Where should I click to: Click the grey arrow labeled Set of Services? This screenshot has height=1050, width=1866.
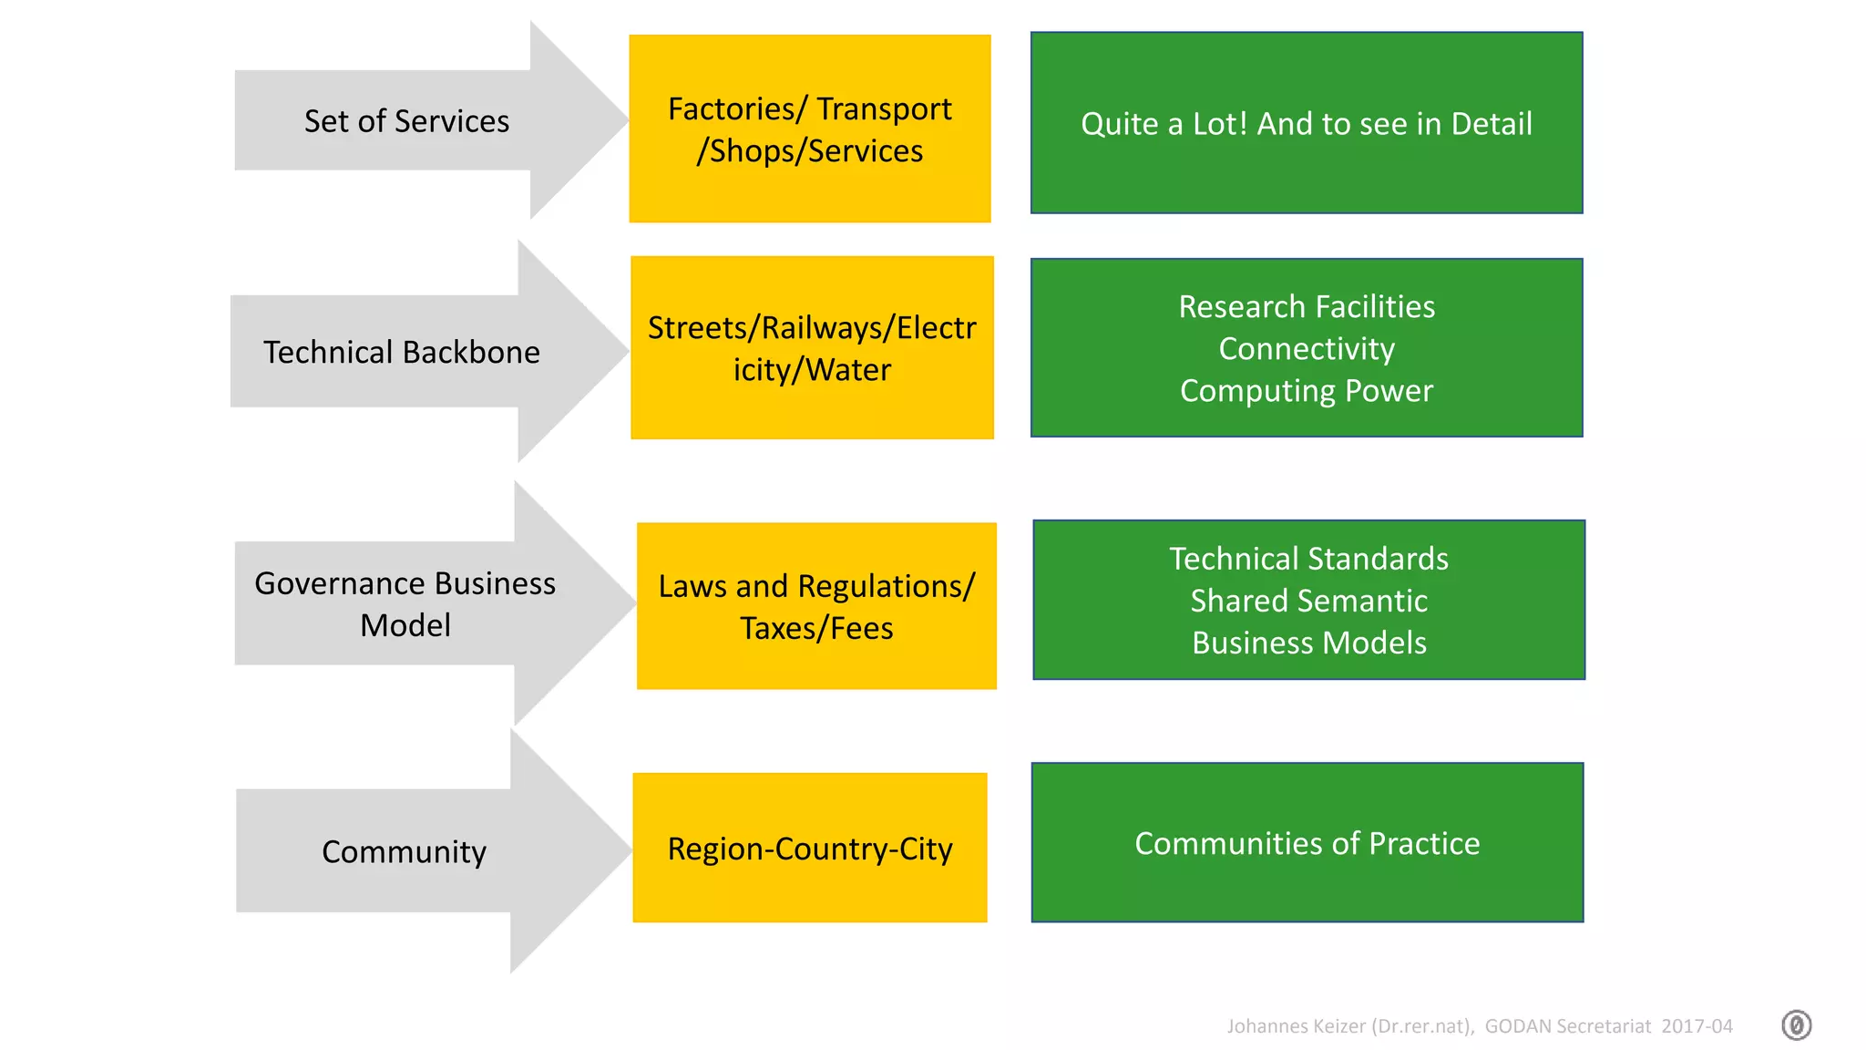click(x=406, y=121)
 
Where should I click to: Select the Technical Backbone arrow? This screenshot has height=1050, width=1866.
click(x=402, y=352)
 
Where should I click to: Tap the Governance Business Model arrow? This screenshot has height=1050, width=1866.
click(x=405, y=603)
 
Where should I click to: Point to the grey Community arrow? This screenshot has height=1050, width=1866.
click(x=404, y=851)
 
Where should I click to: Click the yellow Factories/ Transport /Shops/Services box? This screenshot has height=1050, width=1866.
click(x=810, y=129)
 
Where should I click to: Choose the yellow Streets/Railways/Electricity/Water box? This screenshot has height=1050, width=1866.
click(x=812, y=348)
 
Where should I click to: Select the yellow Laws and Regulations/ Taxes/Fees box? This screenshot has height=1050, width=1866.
click(x=816, y=606)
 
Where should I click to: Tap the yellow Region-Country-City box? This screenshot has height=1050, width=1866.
click(x=810, y=849)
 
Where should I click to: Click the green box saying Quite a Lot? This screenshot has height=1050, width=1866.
click(x=1307, y=123)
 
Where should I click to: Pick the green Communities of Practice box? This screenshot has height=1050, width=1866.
click(x=1307, y=843)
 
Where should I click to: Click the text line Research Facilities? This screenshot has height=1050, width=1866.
click(x=1307, y=307)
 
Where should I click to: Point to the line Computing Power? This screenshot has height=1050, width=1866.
click(x=1307, y=391)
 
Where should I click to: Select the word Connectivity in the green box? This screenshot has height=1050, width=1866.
click(x=1307, y=349)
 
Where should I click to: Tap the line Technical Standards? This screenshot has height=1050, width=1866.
click(x=1308, y=559)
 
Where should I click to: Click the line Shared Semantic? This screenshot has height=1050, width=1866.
click(x=1308, y=601)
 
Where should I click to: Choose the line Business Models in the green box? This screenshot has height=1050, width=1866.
click(x=1308, y=643)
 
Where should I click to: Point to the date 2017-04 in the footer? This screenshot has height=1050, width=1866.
click(x=1697, y=1026)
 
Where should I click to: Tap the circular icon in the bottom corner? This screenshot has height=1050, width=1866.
click(x=1796, y=1025)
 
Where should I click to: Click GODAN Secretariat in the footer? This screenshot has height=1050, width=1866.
click(x=1567, y=1026)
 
